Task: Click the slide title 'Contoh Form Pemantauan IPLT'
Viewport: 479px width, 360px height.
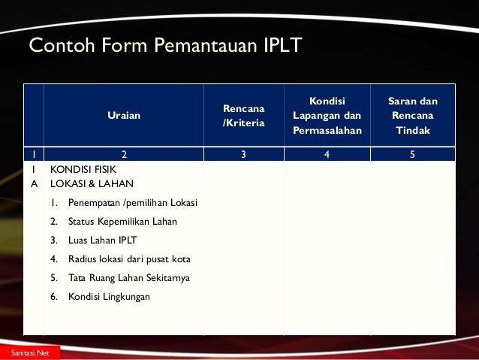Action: point(164,47)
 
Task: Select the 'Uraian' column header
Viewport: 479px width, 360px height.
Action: point(123,115)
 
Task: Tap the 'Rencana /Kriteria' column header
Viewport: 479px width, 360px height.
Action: point(243,115)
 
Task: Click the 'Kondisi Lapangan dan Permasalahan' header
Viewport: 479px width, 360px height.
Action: point(327,115)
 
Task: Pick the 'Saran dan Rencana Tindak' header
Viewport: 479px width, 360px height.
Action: point(412,115)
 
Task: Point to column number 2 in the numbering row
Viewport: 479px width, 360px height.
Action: point(123,155)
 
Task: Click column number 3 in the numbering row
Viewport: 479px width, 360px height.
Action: point(243,155)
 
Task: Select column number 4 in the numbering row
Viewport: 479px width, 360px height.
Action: point(327,155)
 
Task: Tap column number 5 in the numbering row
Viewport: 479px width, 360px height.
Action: point(412,155)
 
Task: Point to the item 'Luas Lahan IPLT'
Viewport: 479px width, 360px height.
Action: point(103,241)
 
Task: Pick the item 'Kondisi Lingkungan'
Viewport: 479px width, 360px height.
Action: point(109,297)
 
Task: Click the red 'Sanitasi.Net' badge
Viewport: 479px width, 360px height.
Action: point(26,352)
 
